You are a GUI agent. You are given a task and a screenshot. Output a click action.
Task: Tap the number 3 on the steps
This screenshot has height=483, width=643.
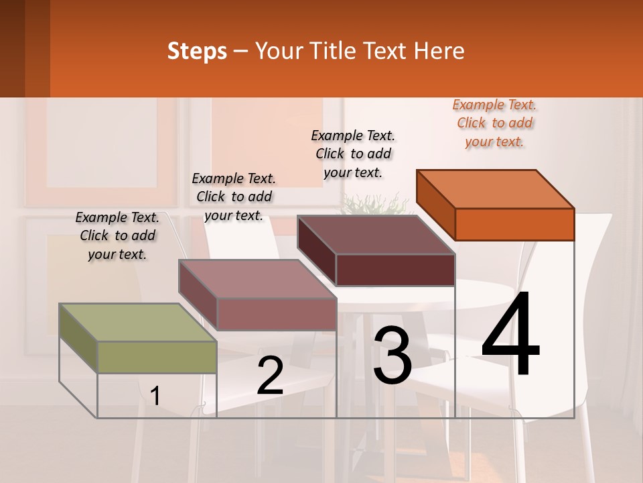click(392, 356)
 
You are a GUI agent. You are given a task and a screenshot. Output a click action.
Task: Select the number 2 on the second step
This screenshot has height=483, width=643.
click(270, 376)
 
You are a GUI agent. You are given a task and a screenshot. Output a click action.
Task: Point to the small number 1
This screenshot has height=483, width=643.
click(155, 396)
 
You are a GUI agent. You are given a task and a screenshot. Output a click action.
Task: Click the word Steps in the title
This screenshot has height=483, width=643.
click(197, 51)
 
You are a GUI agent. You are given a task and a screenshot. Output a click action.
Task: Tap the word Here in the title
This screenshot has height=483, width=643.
click(440, 51)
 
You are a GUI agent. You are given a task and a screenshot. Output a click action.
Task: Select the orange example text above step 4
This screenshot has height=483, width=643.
click(494, 123)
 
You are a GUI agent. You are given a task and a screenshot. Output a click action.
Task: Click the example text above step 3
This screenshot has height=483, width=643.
click(353, 154)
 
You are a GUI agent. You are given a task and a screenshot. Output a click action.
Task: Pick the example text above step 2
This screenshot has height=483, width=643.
click(234, 197)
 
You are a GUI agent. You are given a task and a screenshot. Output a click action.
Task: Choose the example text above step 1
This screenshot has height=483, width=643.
click(117, 235)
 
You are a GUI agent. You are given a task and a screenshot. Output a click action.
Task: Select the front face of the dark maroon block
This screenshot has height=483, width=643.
click(395, 270)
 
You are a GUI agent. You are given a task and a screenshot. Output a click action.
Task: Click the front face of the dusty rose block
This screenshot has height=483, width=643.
click(277, 314)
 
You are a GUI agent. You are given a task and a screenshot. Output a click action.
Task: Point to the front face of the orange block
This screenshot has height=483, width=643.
click(514, 224)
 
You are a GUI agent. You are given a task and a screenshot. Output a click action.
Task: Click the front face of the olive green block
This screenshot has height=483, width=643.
click(157, 357)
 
